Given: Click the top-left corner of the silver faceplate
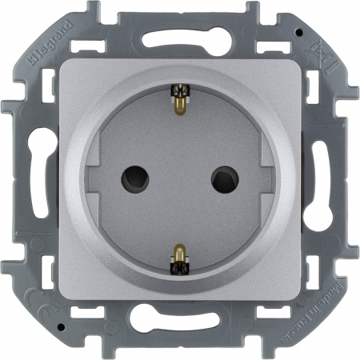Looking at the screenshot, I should (x=61, y=59).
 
